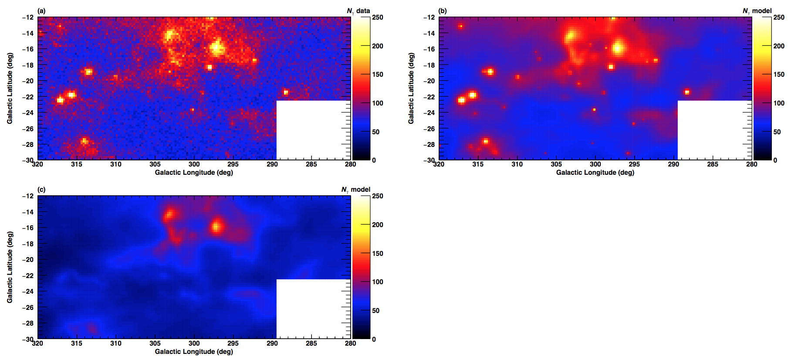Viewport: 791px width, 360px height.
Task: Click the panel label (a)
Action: (41, 11)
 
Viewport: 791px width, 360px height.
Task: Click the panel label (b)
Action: (443, 11)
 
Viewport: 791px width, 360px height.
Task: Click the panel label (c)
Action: (41, 190)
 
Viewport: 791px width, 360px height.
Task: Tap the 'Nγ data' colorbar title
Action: (358, 11)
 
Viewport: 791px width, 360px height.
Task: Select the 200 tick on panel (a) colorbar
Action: (377, 46)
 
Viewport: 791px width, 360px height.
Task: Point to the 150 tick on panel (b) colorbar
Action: (779, 75)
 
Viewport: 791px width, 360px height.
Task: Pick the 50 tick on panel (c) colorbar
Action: (375, 311)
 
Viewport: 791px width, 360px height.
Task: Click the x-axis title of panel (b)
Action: (595, 173)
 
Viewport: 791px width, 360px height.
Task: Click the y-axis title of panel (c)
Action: (10, 267)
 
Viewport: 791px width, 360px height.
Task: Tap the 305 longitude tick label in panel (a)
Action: (155, 164)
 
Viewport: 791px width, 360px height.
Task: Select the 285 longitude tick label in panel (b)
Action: (713, 164)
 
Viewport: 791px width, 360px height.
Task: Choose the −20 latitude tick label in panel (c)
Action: (28, 260)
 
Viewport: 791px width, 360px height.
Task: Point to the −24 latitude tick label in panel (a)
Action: (28, 112)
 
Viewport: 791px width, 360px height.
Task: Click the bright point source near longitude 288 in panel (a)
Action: (286, 92)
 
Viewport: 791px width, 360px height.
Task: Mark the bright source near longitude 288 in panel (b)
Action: (687, 92)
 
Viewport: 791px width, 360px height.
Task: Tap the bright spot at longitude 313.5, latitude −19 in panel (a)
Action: (88, 72)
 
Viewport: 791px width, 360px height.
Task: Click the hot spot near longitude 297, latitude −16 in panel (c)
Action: (216, 226)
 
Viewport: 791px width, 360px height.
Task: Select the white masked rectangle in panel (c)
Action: (313, 309)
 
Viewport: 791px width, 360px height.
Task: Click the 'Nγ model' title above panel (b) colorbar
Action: (757, 11)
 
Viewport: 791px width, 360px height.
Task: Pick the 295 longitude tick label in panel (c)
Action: (233, 343)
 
